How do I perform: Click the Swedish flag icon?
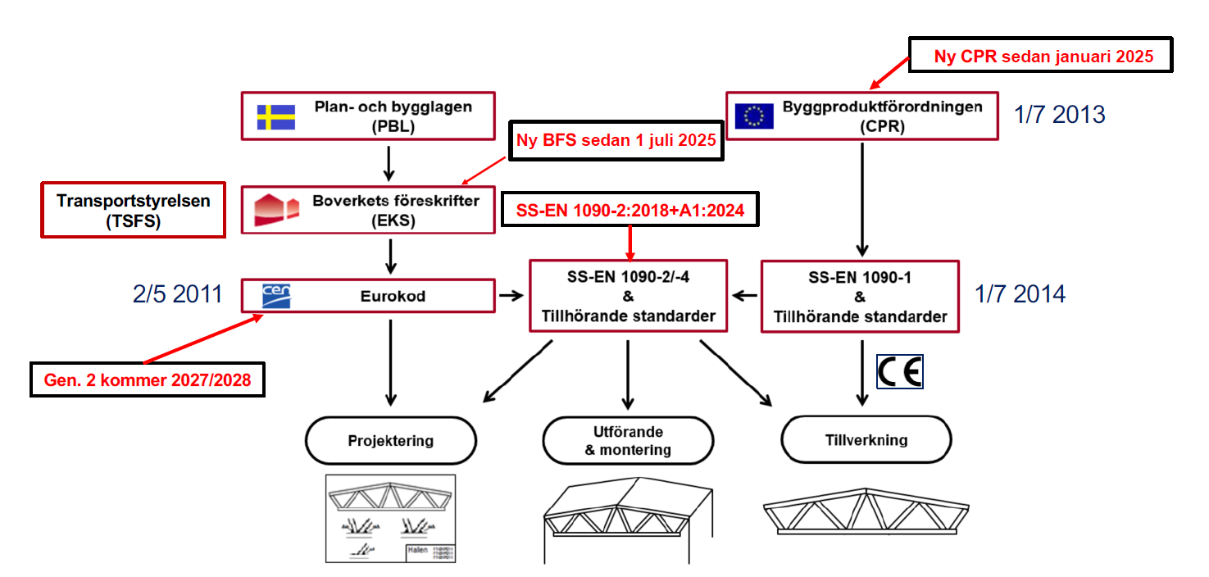276,116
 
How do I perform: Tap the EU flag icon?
754,116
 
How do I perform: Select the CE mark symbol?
900,371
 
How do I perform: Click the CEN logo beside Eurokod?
275,296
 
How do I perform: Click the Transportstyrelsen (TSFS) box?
134,210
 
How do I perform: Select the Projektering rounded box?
390,441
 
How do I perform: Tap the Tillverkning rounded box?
866,440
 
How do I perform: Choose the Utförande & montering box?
628,441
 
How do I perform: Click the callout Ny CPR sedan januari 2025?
1043,57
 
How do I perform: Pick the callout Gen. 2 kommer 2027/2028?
148,380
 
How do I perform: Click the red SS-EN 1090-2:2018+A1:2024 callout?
630,210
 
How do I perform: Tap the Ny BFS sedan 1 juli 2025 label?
617,140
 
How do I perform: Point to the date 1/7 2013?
1059,114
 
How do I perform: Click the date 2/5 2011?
177,293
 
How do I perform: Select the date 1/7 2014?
1020,293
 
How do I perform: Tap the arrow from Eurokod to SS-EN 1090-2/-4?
512,296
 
